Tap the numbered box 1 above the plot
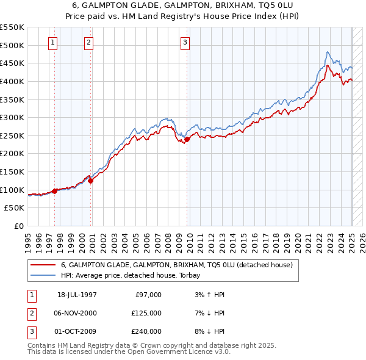[53, 42]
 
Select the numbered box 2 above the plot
[88, 42]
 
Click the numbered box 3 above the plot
[185, 42]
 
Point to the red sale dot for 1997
[55, 191]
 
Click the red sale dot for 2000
[90, 181]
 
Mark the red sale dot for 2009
[187, 139]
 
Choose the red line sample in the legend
[43, 265]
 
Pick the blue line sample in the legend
[43, 276]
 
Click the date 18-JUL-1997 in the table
[77, 295]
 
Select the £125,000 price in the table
[146, 313]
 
